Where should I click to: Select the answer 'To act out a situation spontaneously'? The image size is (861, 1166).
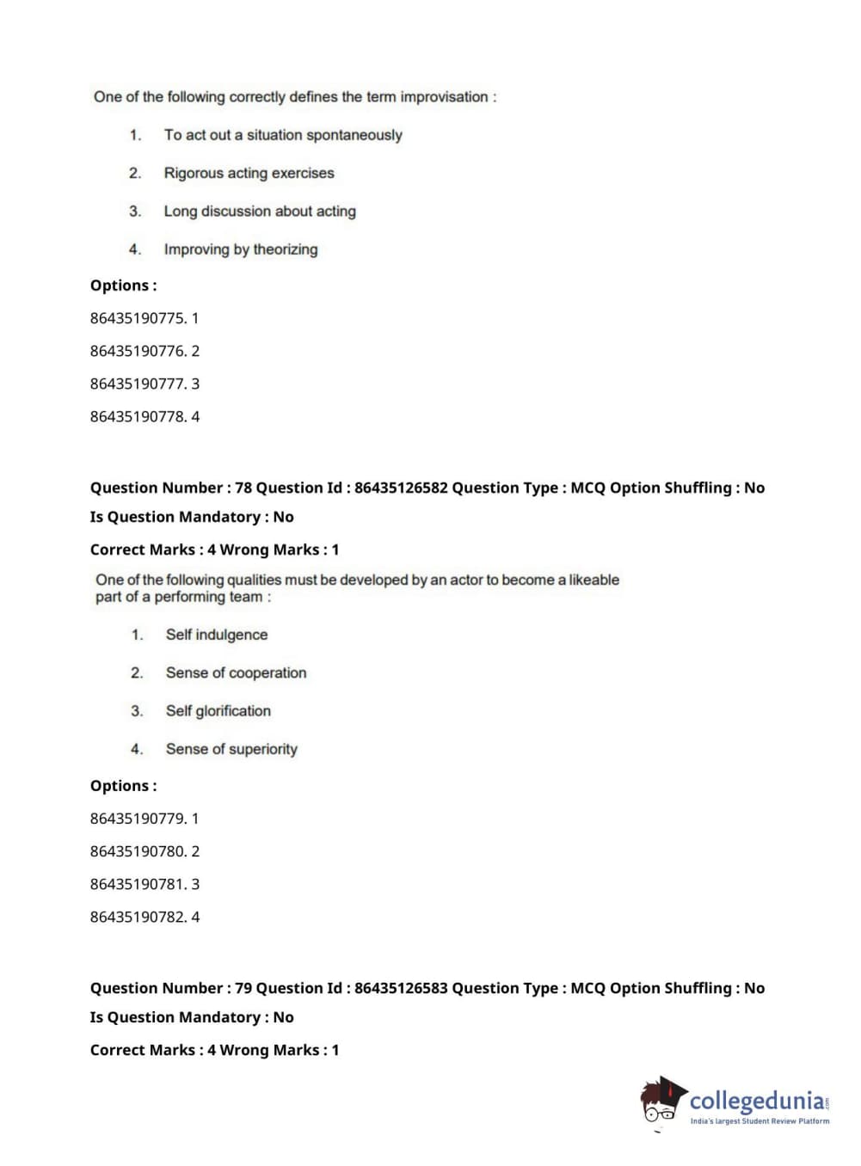(283, 135)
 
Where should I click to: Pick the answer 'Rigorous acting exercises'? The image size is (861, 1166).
(249, 173)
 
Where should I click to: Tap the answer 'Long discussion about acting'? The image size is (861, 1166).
(260, 212)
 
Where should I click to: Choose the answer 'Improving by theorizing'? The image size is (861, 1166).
(241, 249)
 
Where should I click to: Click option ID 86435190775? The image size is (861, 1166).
(138, 318)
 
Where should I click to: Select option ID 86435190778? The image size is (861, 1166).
(138, 417)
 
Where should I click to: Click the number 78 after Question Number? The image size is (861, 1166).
(243, 488)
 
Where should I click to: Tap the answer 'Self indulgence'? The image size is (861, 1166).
(217, 635)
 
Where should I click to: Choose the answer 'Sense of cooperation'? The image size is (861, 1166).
(236, 673)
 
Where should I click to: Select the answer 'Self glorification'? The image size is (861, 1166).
(218, 711)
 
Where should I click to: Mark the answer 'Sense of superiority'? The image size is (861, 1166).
(231, 749)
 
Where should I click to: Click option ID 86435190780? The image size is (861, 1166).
(138, 851)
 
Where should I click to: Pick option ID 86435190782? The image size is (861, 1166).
(138, 917)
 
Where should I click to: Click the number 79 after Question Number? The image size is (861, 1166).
(243, 988)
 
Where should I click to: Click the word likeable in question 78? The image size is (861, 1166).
(593, 580)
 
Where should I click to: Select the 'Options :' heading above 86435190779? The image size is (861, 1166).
(124, 786)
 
